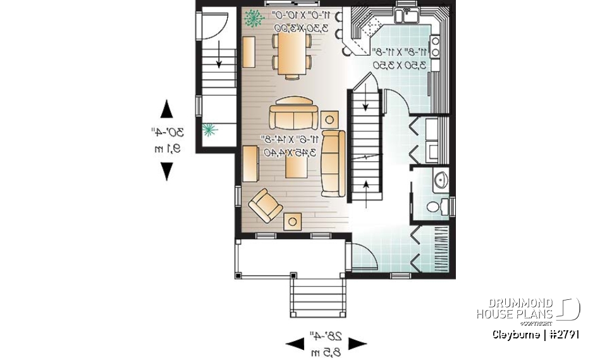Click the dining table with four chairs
point(291,54)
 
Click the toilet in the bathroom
point(434,206)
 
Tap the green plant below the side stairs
point(209,130)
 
